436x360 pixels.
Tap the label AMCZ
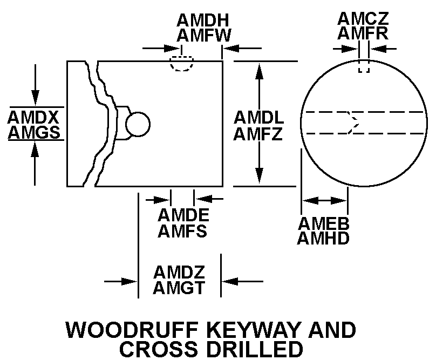point(364,18)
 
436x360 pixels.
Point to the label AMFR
point(364,33)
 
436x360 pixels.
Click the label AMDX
point(33,117)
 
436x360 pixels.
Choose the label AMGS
point(33,132)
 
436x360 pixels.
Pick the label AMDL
point(258,117)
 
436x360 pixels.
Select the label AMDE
point(183,215)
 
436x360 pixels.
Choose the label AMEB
point(324,222)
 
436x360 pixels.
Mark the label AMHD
point(324,237)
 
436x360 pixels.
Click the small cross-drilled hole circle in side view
point(137,124)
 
